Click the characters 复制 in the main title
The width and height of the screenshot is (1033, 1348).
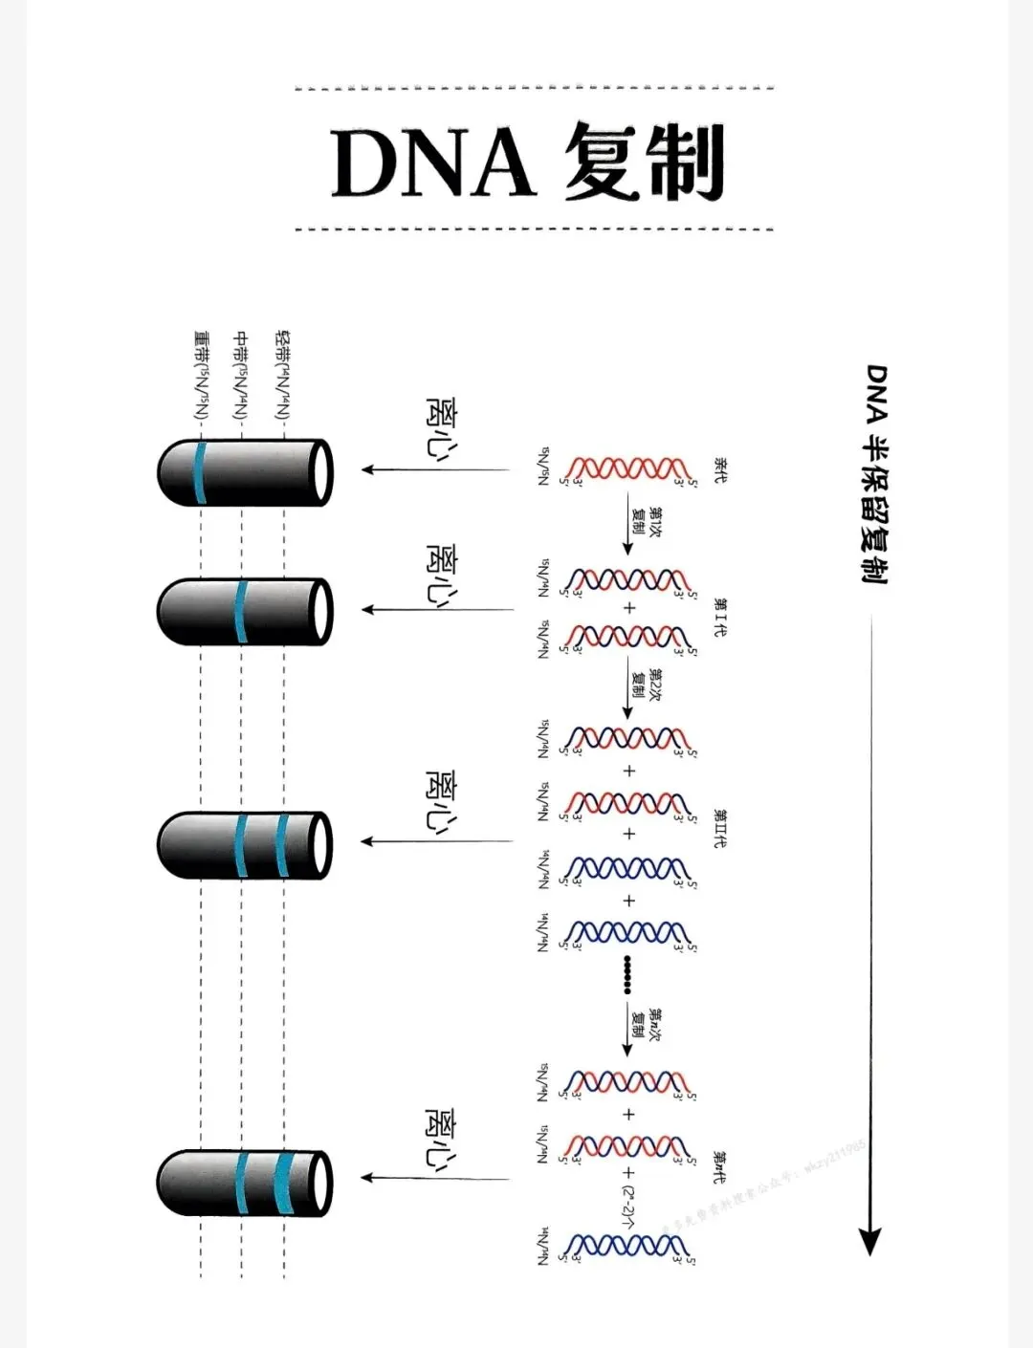(x=643, y=162)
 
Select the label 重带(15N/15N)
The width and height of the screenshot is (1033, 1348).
(x=201, y=376)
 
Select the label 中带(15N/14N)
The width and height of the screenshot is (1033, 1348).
(x=241, y=376)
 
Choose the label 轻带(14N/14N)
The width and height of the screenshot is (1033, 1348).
(x=282, y=376)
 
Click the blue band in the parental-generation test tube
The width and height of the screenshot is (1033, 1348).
(x=200, y=472)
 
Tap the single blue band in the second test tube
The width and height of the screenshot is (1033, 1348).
(x=241, y=611)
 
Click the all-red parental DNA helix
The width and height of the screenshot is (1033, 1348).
(x=626, y=468)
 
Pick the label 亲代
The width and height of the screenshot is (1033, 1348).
(x=719, y=469)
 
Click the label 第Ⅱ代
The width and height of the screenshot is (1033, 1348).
(x=719, y=829)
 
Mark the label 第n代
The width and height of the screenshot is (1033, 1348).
(x=719, y=1167)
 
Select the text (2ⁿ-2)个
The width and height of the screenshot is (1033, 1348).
(x=628, y=1207)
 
